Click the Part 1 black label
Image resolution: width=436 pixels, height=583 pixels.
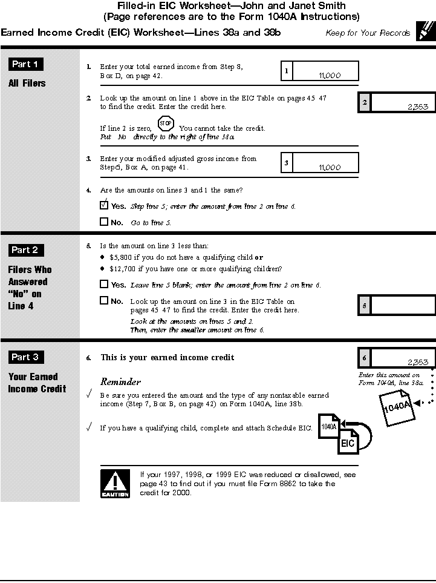25,64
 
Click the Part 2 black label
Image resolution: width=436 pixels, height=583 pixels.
25,249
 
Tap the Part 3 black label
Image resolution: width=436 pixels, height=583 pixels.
25,357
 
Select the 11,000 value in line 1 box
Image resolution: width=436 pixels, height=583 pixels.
329,76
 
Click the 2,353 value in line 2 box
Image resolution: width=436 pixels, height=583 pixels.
418,107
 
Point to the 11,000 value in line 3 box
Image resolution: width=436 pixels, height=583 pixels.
329,168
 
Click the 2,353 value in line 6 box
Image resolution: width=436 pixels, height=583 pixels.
418,363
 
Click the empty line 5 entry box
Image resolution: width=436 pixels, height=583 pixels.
403,305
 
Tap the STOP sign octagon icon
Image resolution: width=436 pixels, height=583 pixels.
166,124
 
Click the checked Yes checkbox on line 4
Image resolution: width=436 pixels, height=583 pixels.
104,205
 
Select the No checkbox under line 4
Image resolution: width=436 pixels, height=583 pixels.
104,222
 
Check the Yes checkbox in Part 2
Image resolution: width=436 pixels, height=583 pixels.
104,284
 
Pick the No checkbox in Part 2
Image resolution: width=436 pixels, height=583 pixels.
104,300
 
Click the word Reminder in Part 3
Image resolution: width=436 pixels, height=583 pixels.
120,382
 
